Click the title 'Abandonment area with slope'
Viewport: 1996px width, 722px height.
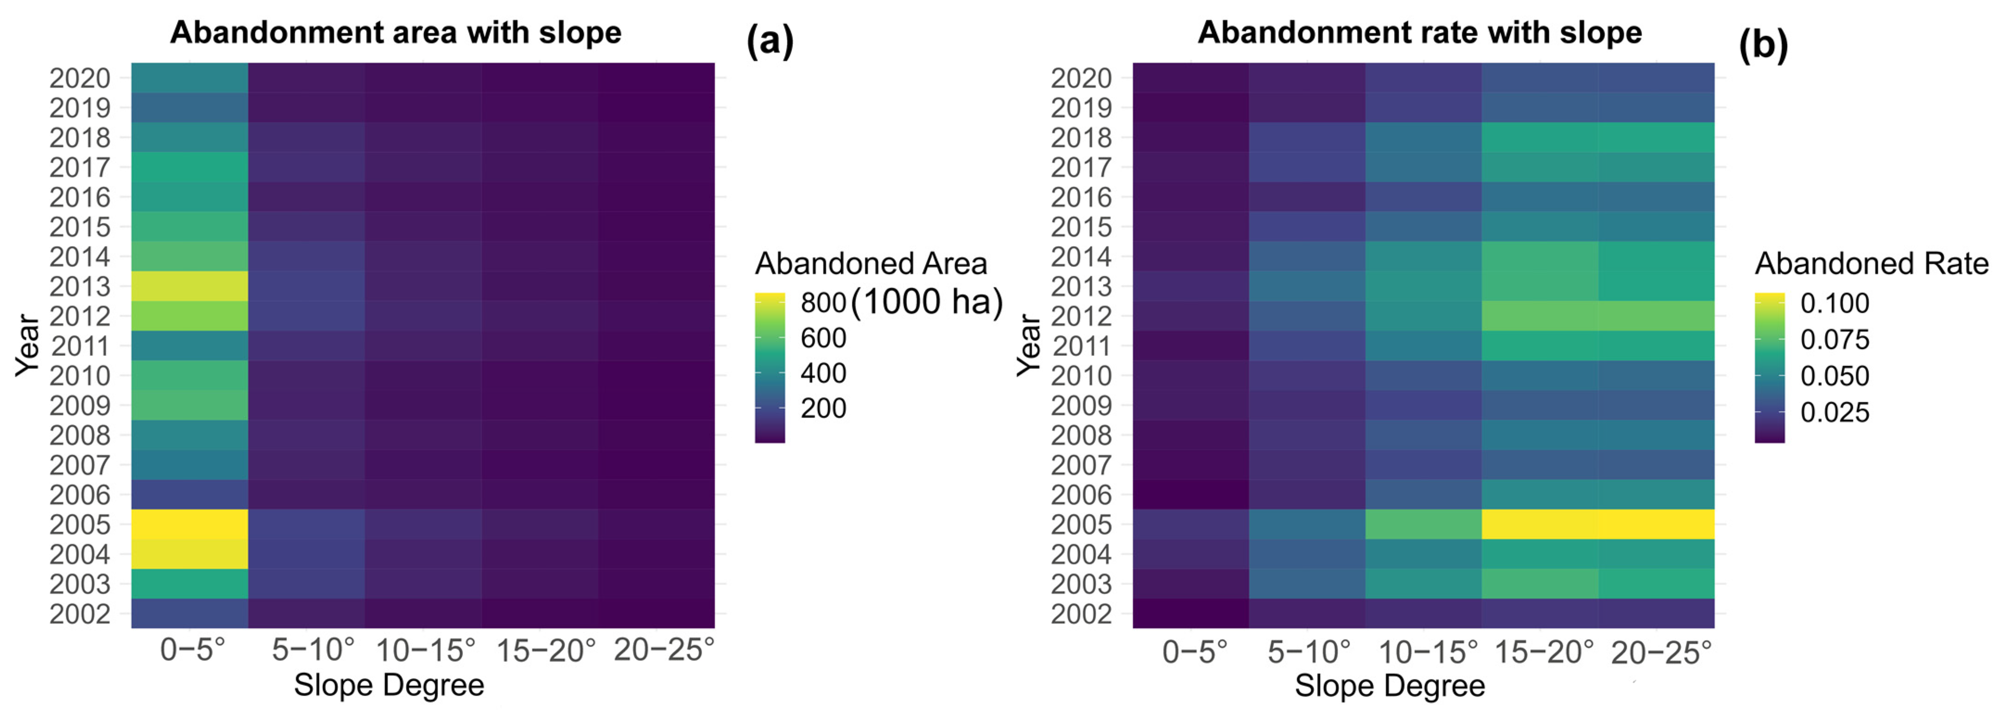396,32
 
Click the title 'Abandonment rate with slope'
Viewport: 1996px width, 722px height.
1419,32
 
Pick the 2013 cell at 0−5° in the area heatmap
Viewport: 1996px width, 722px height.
190,286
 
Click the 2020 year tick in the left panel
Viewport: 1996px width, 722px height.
80,78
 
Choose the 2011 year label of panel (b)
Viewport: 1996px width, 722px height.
1081,346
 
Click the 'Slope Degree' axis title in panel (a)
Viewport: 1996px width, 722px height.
389,685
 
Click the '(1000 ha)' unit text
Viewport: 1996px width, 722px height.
927,301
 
